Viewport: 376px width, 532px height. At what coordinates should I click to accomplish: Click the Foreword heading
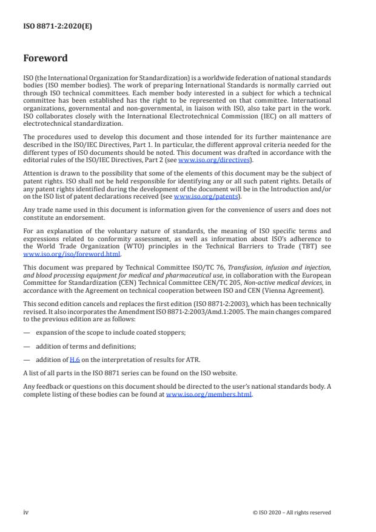click(45, 58)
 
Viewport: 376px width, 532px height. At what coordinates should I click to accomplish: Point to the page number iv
click(26, 513)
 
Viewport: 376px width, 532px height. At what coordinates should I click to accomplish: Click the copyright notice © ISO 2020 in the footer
click(291, 513)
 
